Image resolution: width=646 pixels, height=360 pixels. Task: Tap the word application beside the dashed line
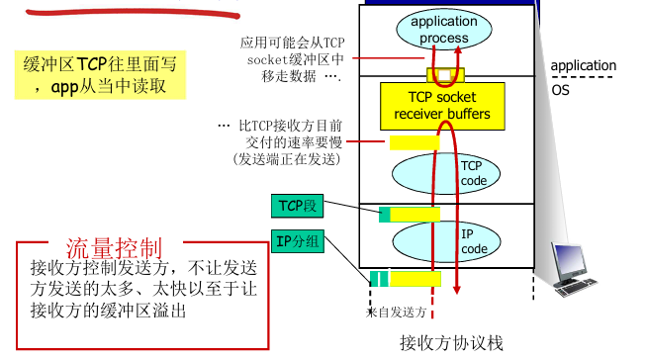pyautogui.click(x=583, y=66)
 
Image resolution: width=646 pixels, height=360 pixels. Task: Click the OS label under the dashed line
pyautogui.click(x=560, y=89)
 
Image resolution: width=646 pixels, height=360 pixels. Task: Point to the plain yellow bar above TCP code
pyautogui.click(x=415, y=142)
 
